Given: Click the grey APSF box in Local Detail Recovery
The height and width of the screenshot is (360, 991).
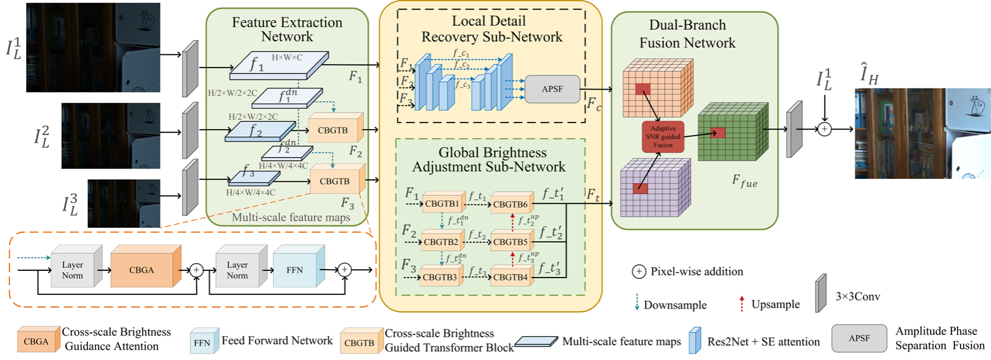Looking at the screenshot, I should [x=552, y=89].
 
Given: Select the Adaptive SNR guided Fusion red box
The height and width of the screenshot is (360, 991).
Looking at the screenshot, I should [x=663, y=137].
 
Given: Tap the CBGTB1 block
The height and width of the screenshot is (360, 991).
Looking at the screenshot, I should [x=442, y=204].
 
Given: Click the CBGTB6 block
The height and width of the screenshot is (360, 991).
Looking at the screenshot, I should [x=510, y=205].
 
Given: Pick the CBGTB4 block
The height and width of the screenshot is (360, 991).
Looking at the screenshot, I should [x=510, y=277].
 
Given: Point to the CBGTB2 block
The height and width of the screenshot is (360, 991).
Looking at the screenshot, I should [x=441, y=242].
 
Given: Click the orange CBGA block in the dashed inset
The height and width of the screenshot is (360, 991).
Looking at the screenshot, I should [x=142, y=270].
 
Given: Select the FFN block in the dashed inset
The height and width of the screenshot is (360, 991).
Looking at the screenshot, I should [x=295, y=270].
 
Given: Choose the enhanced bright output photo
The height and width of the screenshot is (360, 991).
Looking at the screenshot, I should [x=922, y=133].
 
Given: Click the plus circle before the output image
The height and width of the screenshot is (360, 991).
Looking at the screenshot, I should [x=824, y=129].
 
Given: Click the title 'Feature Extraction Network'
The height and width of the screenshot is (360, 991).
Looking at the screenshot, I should [x=287, y=29].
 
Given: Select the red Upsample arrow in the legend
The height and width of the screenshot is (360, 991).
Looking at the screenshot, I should [x=742, y=304].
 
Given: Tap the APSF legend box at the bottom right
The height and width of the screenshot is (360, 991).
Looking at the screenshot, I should [x=859, y=338].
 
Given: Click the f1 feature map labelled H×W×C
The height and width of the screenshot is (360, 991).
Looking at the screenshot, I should [x=279, y=65].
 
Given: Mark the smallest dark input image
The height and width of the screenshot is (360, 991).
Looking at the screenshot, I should [x=124, y=203].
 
